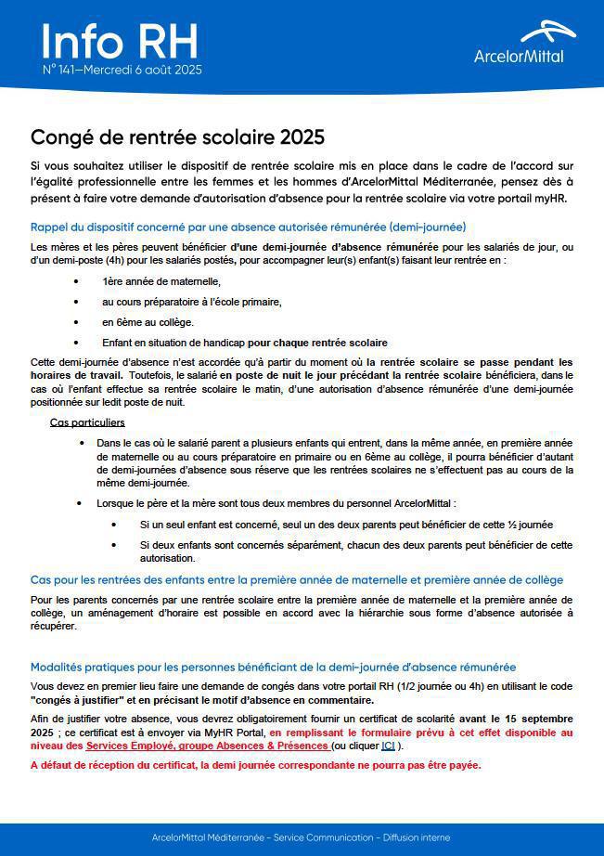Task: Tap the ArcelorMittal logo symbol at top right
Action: [x=547, y=32]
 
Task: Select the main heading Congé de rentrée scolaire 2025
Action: [x=178, y=137]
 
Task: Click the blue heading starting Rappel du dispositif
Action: [x=248, y=227]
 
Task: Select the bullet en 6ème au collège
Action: [x=148, y=322]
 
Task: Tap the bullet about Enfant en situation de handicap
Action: [x=245, y=343]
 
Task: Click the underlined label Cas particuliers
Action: [x=86, y=423]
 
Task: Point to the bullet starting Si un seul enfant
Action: [x=346, y=525]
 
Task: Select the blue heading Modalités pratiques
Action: [x=273, y=667]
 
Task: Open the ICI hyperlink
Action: [x=388, y=746]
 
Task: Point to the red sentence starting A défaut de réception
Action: [x=256, y=766]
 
